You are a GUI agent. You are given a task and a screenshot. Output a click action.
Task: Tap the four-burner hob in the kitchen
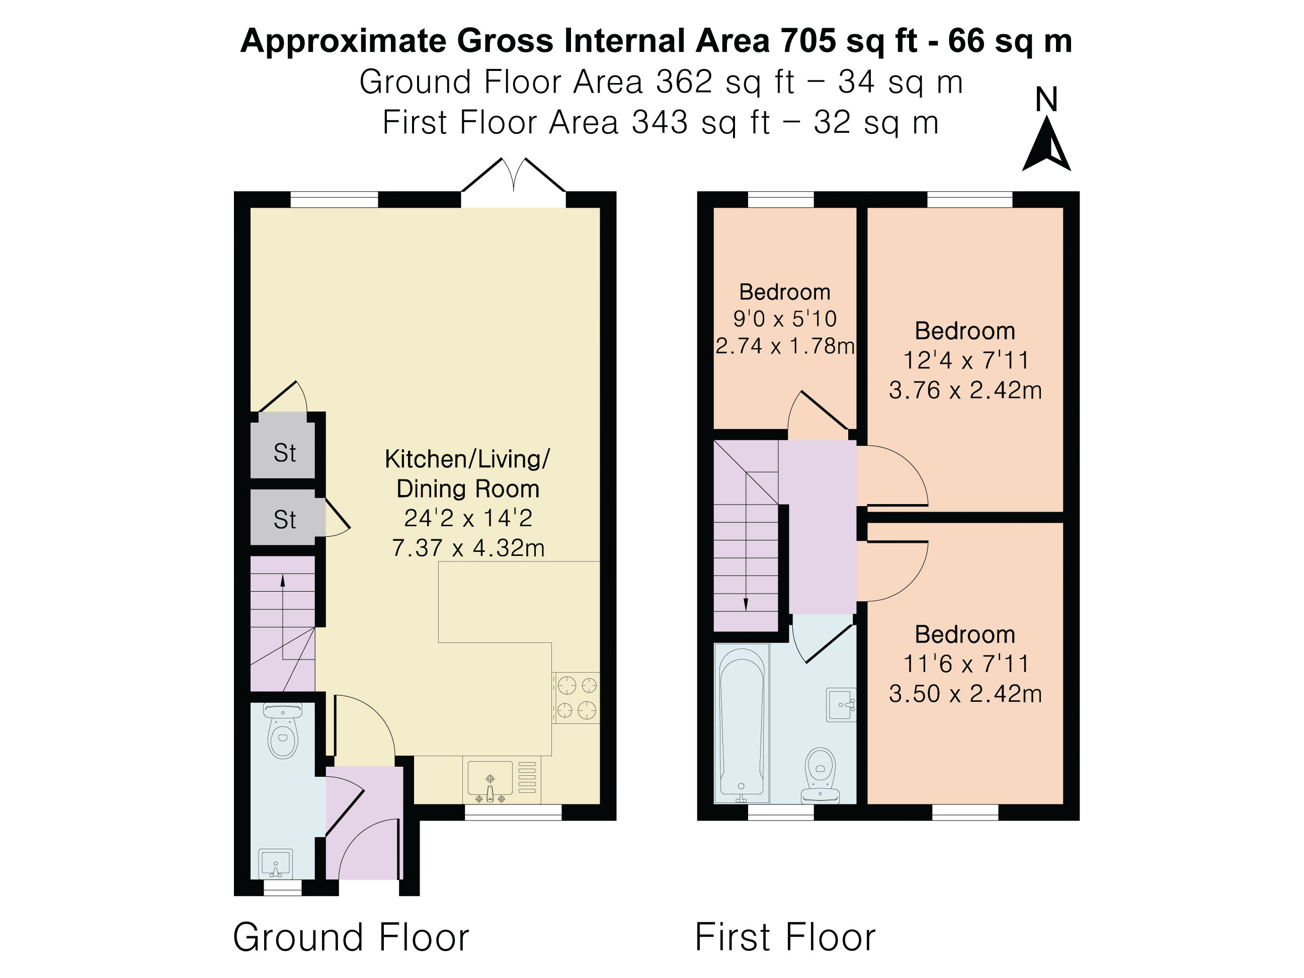(576, 698)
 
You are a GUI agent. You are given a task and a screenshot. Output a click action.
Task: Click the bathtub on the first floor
(742, 723)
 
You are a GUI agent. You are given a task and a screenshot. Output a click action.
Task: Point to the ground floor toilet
(283, 730)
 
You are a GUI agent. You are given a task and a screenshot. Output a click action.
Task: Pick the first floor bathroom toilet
(820, 775)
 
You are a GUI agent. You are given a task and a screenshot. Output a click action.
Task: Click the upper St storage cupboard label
(285, 453)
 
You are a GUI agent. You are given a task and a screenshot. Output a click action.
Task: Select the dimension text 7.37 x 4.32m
(468, 548)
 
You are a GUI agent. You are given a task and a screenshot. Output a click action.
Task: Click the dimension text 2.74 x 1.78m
(785, 346)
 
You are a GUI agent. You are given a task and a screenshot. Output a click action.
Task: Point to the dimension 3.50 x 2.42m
(965, 694)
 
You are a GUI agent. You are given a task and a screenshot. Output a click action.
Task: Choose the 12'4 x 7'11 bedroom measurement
(965, 360)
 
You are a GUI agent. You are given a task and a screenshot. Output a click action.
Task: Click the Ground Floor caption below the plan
(351, 937)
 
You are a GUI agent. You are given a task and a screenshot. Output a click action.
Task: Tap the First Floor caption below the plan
(785, 937)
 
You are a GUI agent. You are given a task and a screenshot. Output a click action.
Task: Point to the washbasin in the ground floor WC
(275, 864)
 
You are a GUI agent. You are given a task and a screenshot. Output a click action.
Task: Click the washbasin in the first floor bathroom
(841, 704)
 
